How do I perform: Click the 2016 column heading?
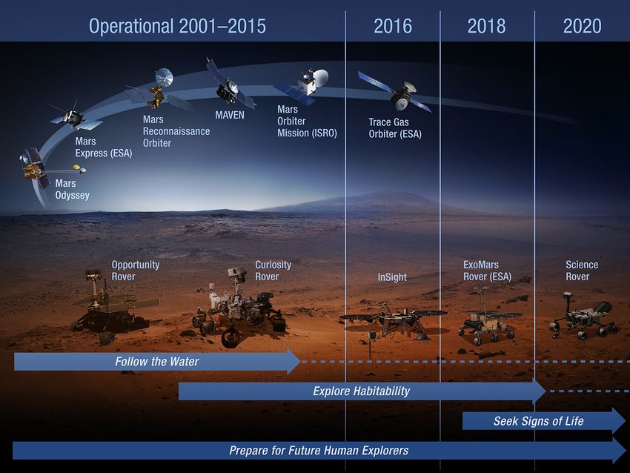[393, 26]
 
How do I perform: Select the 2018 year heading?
[486, 26]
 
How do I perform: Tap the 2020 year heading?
[582, 26]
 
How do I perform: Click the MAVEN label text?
[230, 115]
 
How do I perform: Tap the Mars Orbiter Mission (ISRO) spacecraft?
[303, 87]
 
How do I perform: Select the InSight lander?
[392, 322]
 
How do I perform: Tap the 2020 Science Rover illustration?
[583, 317]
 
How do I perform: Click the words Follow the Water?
[156, 362]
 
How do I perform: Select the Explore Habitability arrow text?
[361, 391]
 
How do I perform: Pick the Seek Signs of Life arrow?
[544, 421]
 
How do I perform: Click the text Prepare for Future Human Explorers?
[319, 451]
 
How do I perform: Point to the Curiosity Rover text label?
[273, 271]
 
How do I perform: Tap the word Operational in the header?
[131, 27]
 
